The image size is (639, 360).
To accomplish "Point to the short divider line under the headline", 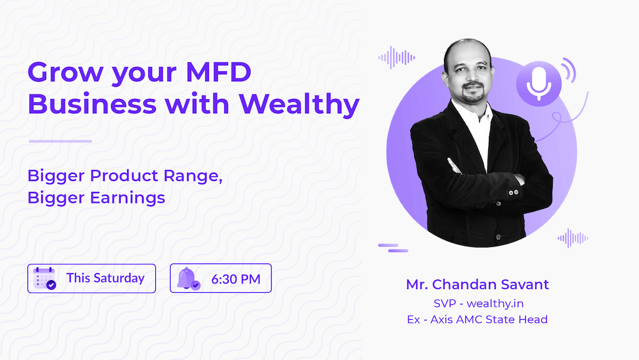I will click(61, 141).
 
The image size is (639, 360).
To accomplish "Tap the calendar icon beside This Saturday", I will click(44, 278).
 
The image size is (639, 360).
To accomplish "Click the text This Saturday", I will click(105, 278).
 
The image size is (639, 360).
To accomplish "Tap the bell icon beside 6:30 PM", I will click(188, 278).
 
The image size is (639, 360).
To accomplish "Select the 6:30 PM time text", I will click(236, 279).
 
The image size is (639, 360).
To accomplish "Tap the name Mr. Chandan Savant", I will click(477, 285).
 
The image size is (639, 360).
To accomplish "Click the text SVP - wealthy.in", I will click(477, 303).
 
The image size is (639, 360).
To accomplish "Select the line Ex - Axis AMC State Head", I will click(477, 319).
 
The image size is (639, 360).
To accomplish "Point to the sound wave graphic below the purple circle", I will click(571, 238).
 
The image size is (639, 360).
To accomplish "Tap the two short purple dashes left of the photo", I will click(393, 247).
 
